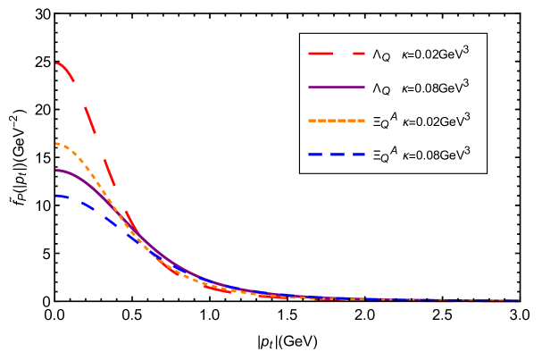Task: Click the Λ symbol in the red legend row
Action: [x=376, y=55]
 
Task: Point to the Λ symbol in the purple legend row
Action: [x=376, y=88]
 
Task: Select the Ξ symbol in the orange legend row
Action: [x=376, y=121]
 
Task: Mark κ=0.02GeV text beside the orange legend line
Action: [x=433, y=121]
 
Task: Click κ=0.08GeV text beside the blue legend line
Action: [x=433, y=155]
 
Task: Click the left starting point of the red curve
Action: [x=55, y=63]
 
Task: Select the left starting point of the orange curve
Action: [x=55, y=144]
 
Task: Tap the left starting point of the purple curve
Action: [x=55, y=171]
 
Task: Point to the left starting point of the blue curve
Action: [x=55, y=196]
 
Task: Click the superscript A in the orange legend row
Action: [x=393, y=115]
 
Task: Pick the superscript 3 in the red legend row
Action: [x=465, y=50]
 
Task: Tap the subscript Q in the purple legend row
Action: [x=386, y=91]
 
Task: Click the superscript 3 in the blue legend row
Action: [x=467, y=149]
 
